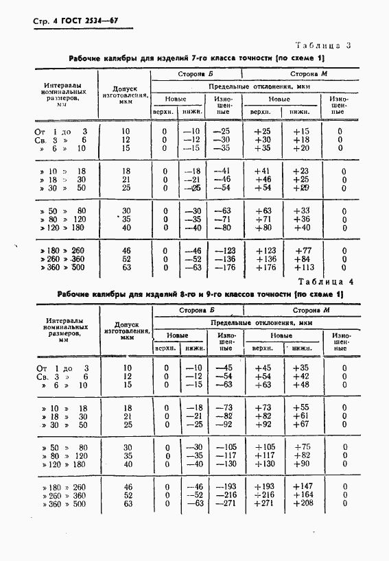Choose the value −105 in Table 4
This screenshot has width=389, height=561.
(224, 447)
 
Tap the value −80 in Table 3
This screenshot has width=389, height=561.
(222, 228)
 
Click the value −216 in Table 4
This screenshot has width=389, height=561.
(224, 495)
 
